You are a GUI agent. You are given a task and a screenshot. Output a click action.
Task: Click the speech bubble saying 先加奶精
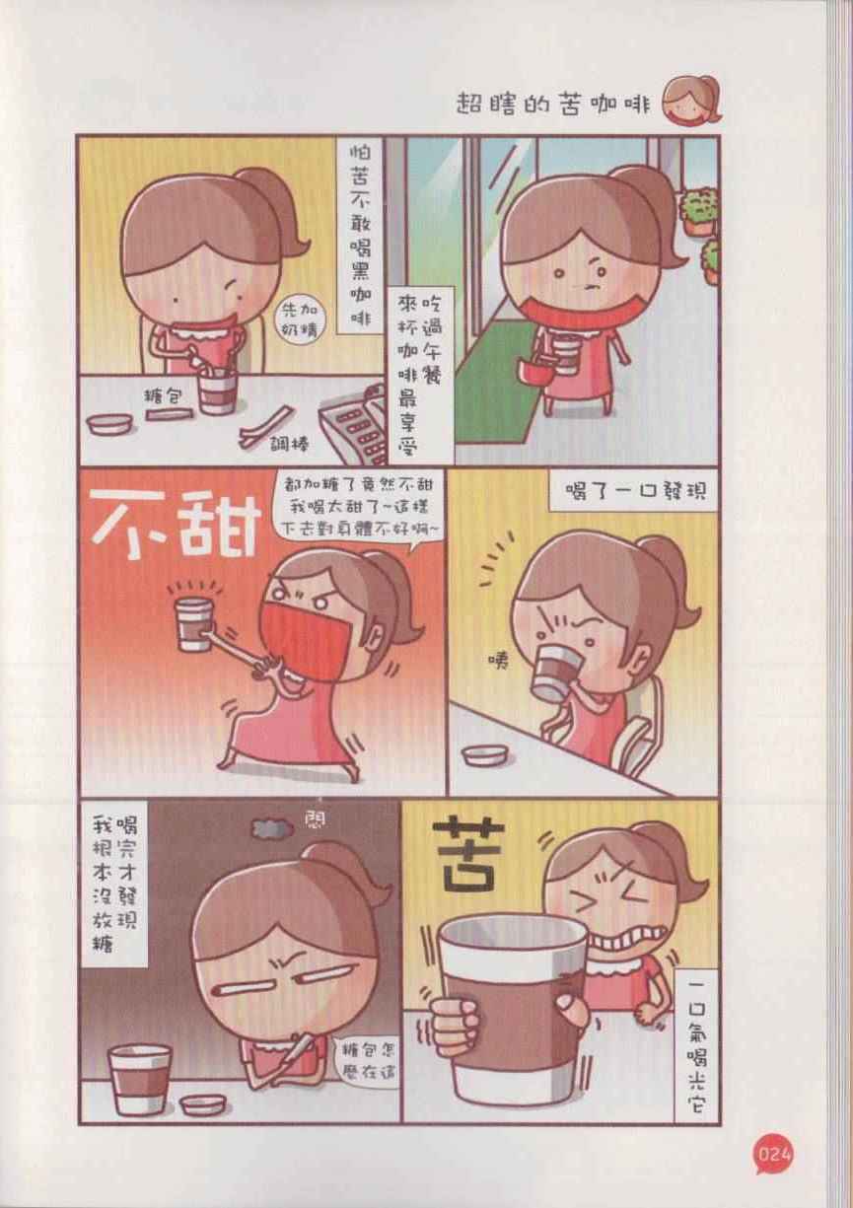pos(298,320)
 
